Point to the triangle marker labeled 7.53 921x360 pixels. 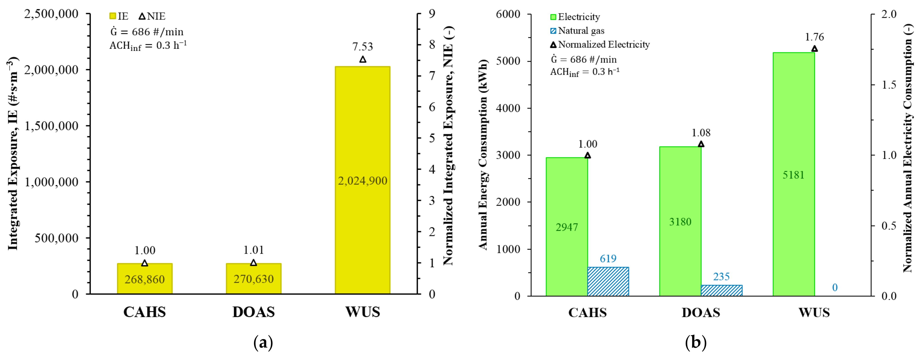pyautogui.click(x=363, y=59)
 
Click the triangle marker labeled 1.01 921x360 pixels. pyautogui.click(x=254, y=263)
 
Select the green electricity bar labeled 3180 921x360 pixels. pyautogui.click(x=680, y=221)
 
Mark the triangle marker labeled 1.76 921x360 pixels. pyautogui.click(x=814, y=49)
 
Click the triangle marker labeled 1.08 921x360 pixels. pyautogui.click(x=701, y=144)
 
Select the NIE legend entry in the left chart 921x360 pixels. pyautogui.click(x=152, y=17)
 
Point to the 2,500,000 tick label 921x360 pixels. pyautogui.click(x=51, y=14)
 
